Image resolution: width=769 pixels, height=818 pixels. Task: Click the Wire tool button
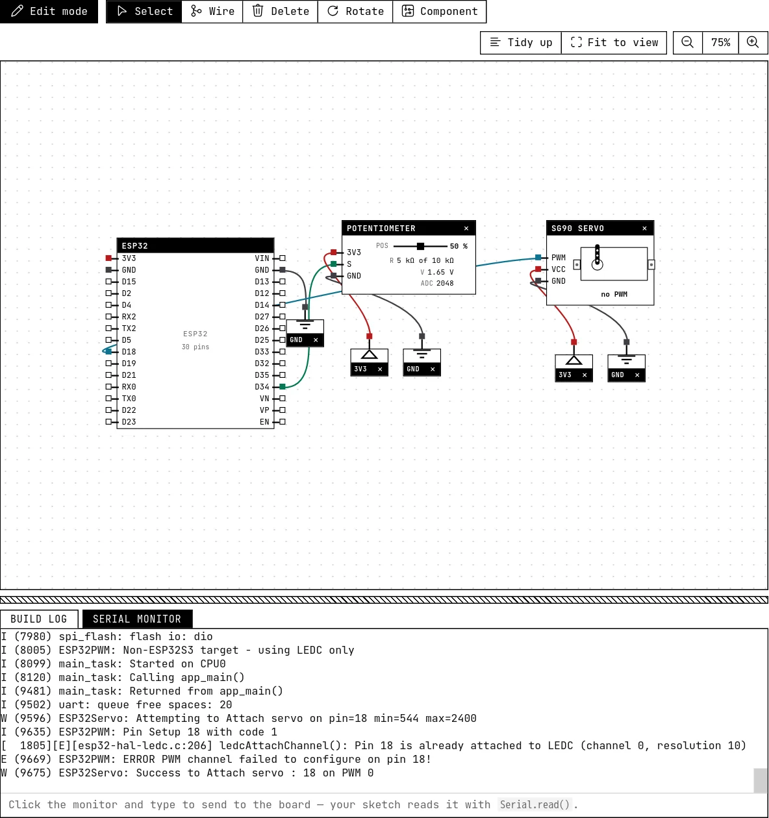(x=212, y=11)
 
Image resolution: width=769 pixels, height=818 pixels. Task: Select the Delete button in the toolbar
(x=280, y=11)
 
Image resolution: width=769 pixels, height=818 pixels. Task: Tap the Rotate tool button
(x=355, y=11)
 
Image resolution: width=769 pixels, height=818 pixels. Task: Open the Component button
(x=439, y=11)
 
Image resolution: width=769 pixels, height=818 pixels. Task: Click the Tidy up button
(x=521, y=42)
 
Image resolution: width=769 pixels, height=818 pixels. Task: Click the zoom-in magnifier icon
(x=753, y=42)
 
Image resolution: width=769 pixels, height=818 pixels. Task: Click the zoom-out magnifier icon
(x=687, y=42)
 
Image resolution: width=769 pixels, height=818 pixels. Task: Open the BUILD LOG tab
(x=39, y=619)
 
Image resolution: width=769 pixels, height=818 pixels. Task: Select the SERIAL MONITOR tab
(x=137, y=619)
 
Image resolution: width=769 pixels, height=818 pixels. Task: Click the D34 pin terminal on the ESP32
(x=283, y=387)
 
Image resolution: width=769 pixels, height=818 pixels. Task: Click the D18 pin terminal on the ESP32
(x=109, y=352)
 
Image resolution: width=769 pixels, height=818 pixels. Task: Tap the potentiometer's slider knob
(x=420, y=246)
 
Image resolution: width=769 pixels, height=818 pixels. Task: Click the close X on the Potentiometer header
(x=466, y=229)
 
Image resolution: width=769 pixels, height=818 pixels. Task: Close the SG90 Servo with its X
(x=644, y=229)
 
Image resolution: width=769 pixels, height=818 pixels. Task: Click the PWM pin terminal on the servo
(x=538, y=258)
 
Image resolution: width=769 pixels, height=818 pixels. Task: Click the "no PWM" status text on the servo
(x=614, y=295)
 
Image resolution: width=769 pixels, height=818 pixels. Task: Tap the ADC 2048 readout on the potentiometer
(x=437, y=283)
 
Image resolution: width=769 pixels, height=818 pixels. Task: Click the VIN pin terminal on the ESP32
(x=283, y=258)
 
